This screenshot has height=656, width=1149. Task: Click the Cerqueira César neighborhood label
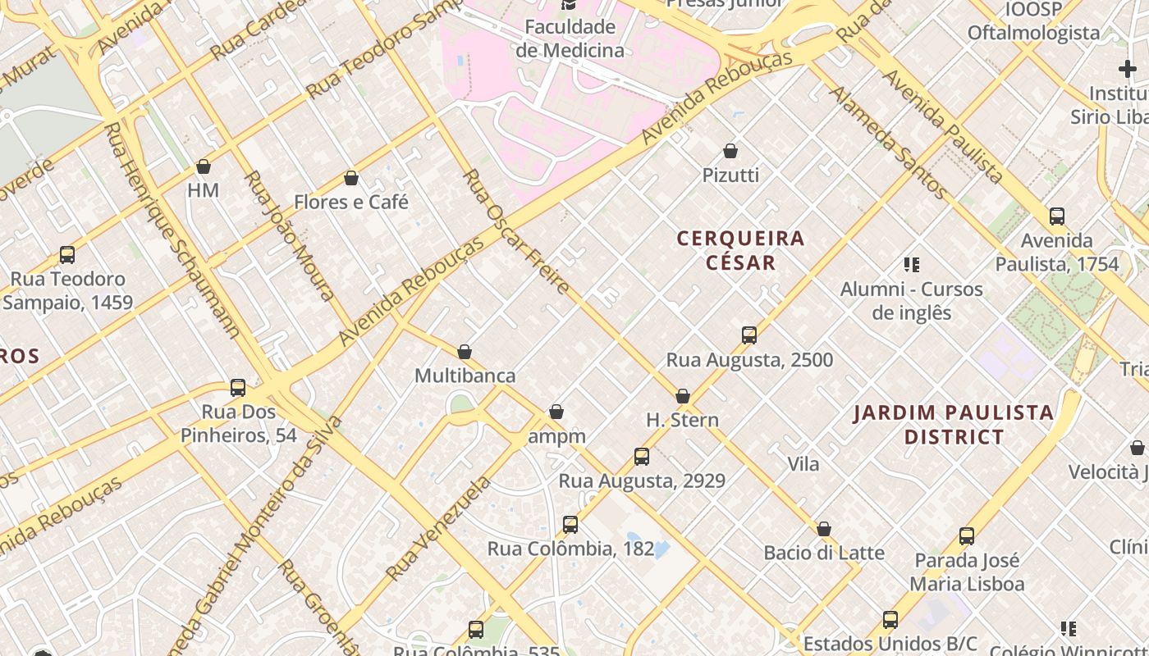[x=740, y=250]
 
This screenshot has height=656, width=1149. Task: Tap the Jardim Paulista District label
[x=953, y=424]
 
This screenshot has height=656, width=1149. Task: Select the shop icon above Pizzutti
[x=730, y=151]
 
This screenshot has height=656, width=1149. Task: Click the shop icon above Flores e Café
[x=351, y=178]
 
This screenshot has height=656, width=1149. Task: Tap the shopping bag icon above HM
[x=204, y=166]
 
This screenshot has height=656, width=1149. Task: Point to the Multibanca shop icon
[x=465, y=352]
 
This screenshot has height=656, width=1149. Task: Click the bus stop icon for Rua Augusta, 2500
[x=748, y=335]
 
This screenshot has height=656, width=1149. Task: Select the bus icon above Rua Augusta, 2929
[x=642, y=456]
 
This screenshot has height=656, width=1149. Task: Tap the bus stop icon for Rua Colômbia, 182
[x=570, y=524]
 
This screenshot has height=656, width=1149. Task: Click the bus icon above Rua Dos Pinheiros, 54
[x=238, y=387]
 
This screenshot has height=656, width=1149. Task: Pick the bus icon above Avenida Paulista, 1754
[x=1057, y=216]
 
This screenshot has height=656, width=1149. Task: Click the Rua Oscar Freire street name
[x=516, y=232]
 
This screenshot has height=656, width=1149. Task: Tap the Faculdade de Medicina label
[x=570, y=39]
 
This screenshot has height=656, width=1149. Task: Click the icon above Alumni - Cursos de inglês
[x=911, y=264]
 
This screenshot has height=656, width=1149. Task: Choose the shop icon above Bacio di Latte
[x=823, y=529]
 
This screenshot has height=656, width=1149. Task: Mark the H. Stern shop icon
[x=682, y=396]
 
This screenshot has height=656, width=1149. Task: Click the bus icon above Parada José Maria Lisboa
[x=967, y=536]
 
